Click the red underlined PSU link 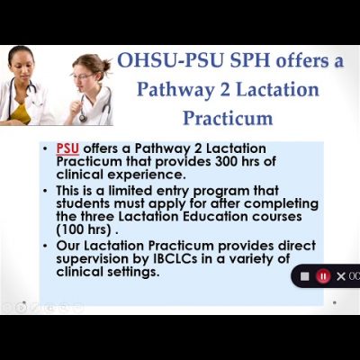67,148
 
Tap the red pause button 323,276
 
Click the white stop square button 305,276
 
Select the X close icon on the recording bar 341,276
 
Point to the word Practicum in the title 228,118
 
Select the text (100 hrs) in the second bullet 84,229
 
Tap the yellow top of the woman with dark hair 21,113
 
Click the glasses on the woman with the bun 82,76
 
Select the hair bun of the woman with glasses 106,63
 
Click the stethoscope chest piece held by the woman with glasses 83,118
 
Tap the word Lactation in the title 277,89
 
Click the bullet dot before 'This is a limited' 45,191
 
